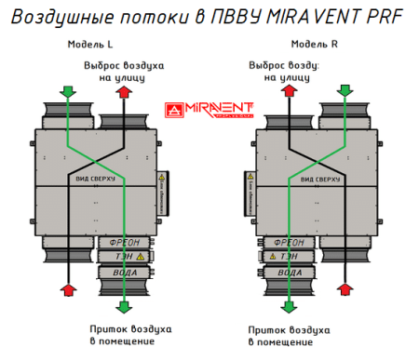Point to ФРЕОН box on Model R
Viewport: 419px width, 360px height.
pyautogui.click(x=290, y=240)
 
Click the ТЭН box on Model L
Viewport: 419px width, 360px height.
pyautogui.click(x=122, y=256)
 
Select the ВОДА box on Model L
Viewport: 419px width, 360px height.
pyautogui.click(x=122, y=273)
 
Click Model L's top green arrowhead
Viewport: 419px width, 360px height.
pyautogui.click(x=67, y=91)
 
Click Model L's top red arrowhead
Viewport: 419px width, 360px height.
pyautogui.click(x=126, y=90)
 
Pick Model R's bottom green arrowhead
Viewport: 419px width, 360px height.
pyautogui.click(x=291, y=306)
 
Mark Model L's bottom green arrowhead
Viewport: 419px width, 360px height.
pyautogui.click(x=125, y=307)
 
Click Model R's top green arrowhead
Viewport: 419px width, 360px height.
pyautogui.click(x=345, y=90)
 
